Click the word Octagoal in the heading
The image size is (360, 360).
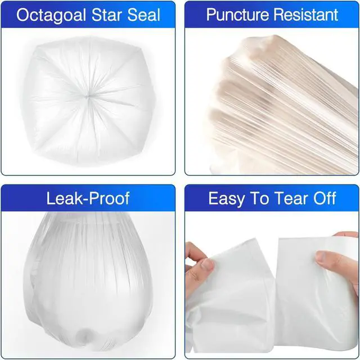point(51,15)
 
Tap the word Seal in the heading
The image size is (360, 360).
point(144,15)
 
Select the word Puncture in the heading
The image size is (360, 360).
point(237,15)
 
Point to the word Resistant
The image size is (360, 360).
point(306,15)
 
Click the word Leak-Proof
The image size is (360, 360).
point(88,198)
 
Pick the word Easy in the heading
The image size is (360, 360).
point(226,199)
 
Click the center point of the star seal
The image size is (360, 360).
point(87,97)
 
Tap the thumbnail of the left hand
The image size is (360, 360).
point(207,264)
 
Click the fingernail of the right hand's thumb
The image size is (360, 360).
point(322,256)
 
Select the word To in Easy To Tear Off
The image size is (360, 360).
point(259,198)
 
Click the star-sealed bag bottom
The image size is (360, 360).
point(87,99)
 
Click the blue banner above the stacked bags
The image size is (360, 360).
point(272,15)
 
